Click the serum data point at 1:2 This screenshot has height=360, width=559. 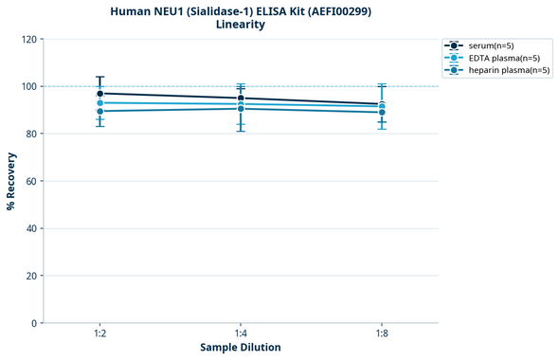99,94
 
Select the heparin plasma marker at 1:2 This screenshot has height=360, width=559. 99,111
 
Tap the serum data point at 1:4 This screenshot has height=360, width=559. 241,99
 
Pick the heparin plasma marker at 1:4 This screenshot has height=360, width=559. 241,108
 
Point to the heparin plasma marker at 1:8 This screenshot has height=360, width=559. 382,112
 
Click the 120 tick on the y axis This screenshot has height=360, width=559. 28,39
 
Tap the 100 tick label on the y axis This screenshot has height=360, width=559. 28,86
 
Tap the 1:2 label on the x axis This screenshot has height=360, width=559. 99,333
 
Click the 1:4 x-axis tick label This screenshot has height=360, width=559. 241,333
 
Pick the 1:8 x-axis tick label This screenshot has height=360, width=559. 382,333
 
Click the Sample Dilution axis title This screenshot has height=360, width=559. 241,348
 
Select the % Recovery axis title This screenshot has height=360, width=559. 11,181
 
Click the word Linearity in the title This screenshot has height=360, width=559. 241,25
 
